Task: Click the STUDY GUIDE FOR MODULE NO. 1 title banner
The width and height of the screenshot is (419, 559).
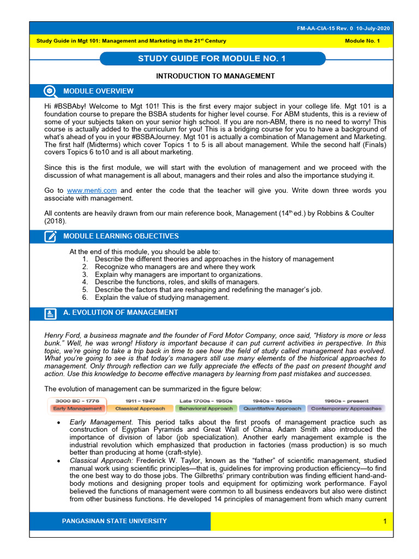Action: [x=213, y=58]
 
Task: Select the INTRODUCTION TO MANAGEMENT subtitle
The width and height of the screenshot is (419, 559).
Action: [x=215, y=76]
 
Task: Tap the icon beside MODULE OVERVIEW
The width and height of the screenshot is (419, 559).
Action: [x=50, y=91]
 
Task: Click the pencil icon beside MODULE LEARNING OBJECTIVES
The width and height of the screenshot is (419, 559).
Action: [x=50, y=236]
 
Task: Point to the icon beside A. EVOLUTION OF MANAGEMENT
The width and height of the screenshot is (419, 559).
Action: [x=50, y=313]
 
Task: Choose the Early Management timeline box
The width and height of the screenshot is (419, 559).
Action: [x=77, y=408]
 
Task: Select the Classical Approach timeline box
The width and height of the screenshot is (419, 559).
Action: [x=141, y=408]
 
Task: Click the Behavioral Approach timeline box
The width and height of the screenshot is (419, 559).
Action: [x=206, y=408]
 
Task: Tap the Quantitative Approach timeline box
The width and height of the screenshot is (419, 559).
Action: [x=272, y=408]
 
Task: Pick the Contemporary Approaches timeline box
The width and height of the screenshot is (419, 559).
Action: [x=346, y=408]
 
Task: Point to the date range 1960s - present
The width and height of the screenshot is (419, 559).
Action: [x=346, y=401]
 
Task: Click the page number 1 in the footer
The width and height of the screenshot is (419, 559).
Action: [x=384, y=521]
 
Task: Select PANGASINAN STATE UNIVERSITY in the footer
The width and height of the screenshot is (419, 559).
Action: [x=115, y=521]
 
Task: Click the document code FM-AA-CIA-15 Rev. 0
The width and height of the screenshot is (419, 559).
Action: [x=336, y=28]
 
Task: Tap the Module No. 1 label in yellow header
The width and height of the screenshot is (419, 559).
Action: [x=362, y=41]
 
